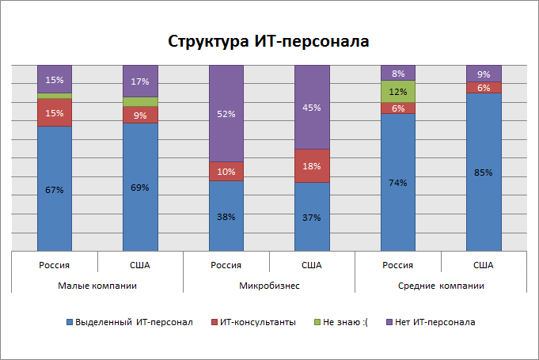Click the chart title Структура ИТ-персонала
[268, 41]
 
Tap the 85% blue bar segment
[484, 172]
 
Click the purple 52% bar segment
[226, 113]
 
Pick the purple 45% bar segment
[312, 107]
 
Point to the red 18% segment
[312, 165]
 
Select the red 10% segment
[226, 172]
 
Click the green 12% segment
[397, 92]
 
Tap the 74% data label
[397, 183]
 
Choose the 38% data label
[226, 216]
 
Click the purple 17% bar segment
[140, 81]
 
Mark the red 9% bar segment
[140, 115]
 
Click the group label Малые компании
[97, 285]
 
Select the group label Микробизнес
[269, 285]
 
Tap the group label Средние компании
[441, 285]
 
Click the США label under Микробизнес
[312, 265]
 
